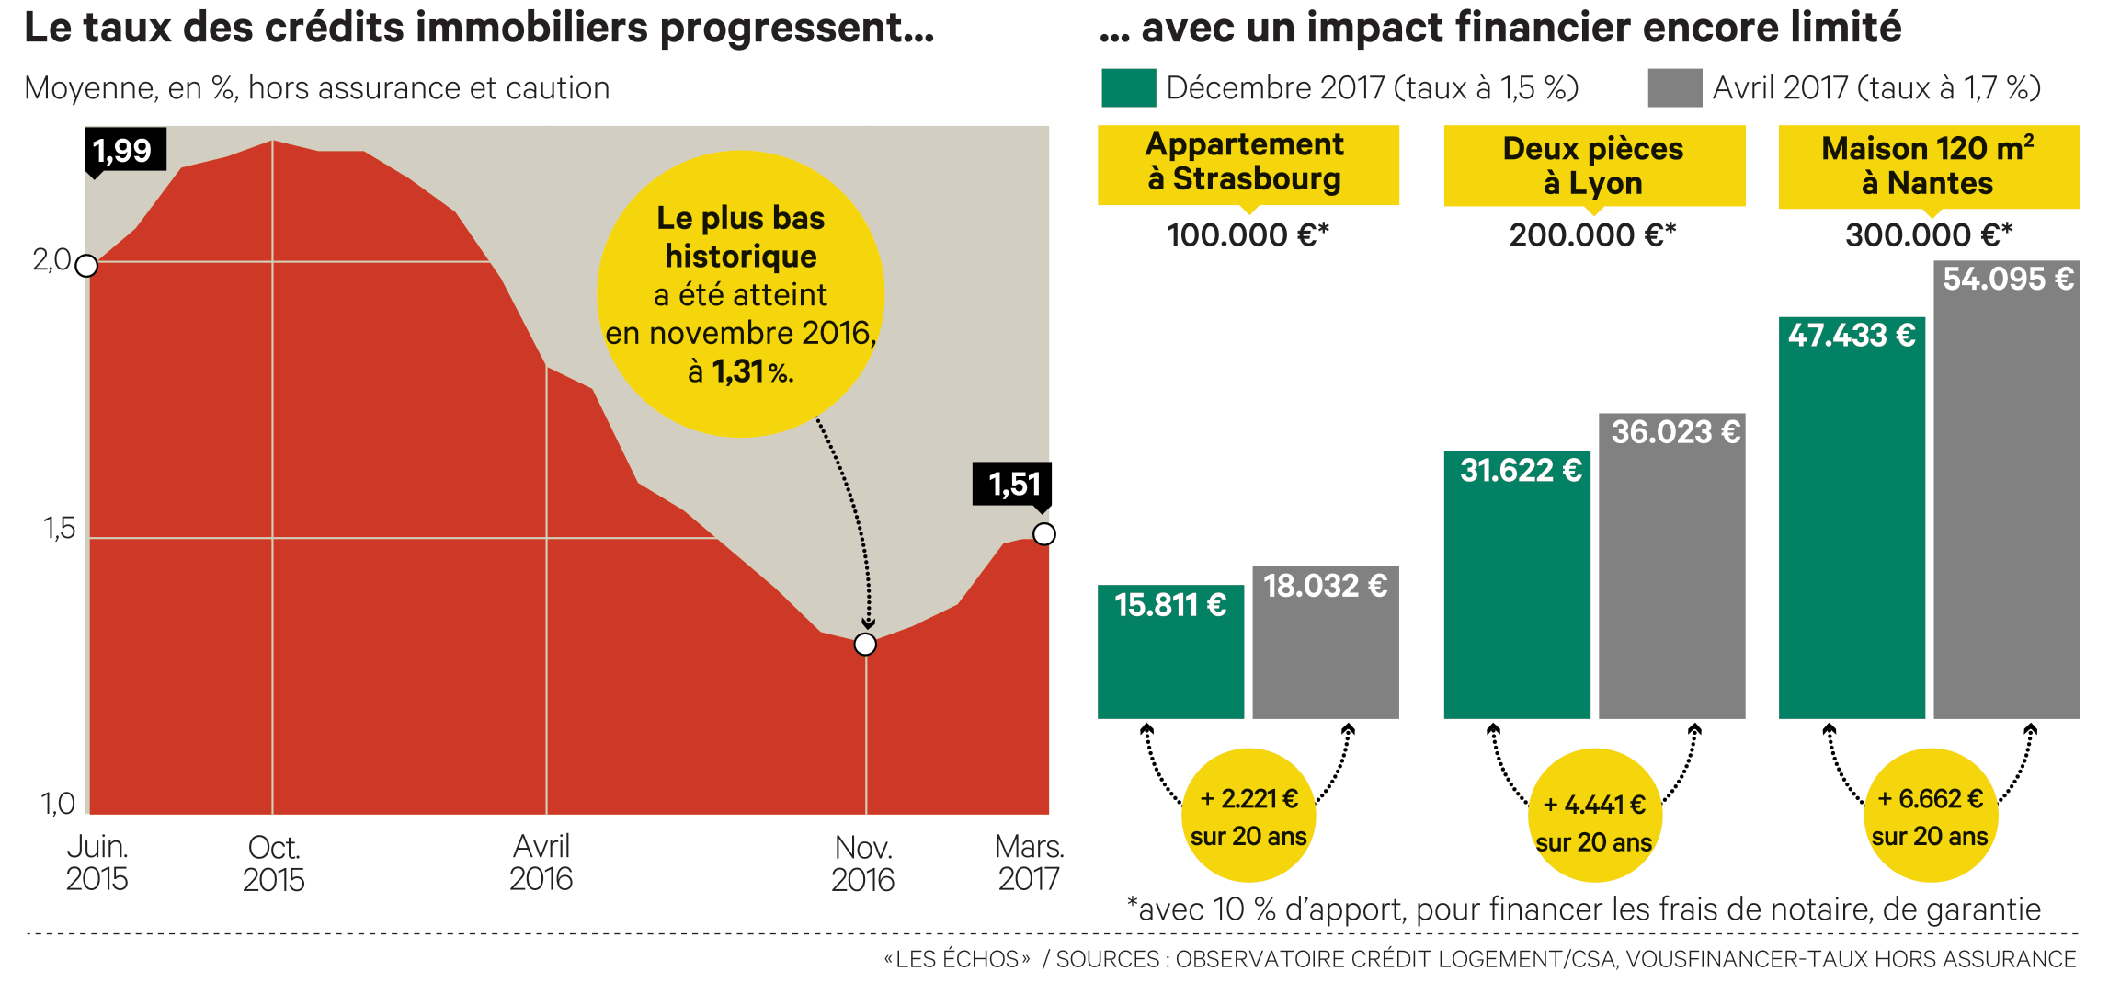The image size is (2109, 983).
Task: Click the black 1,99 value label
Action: (124, 150)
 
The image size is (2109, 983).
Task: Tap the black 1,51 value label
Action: (1012, 484)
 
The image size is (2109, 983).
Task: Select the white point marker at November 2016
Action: (865, 644)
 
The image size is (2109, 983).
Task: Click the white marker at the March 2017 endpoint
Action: (1044, 533)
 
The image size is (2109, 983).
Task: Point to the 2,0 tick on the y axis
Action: (51, 261)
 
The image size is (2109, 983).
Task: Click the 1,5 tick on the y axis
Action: (59, 529)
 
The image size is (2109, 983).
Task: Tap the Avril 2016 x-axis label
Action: (541, 863)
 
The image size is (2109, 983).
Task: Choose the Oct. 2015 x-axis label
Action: (274, 863)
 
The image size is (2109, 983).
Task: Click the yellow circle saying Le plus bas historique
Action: (740, 294)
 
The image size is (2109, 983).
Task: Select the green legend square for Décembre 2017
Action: (1128, 88)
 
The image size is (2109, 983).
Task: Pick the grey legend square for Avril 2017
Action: (1674, 88)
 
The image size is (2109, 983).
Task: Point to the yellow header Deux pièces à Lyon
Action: (1593, 166)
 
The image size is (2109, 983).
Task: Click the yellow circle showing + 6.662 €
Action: (1930, 816)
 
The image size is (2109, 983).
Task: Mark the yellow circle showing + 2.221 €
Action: (1248, 816)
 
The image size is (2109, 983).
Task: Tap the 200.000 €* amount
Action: (1592, 235)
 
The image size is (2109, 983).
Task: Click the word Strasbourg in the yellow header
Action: (1257, 178)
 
